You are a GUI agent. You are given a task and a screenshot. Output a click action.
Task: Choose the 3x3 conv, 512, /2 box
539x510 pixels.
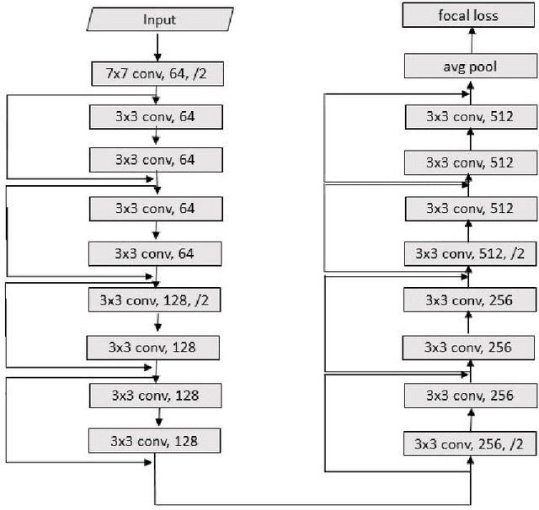pos(470,252)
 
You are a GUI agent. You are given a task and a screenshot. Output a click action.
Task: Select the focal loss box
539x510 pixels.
pos(470,14)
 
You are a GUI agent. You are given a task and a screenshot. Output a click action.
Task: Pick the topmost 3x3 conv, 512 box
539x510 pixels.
pos(470,115)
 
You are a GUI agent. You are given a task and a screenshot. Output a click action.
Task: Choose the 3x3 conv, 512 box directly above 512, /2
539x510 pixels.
pos(470,207)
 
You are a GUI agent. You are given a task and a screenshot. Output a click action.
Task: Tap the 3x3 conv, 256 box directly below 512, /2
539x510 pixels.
pos(470,299)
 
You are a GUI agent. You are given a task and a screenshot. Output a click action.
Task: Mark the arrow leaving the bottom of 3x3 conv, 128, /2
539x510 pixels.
pos(155,322)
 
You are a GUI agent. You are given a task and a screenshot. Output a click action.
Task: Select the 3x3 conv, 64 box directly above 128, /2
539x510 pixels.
pos(155,252)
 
